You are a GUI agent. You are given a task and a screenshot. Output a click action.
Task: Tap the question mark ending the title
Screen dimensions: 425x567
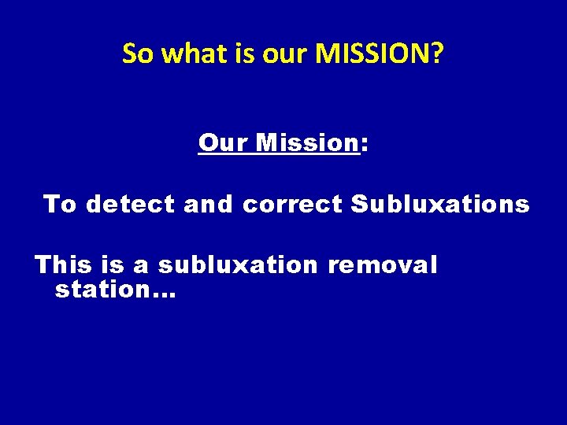point(437,54)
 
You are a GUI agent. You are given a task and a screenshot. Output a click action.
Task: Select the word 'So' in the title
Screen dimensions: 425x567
point(137,54)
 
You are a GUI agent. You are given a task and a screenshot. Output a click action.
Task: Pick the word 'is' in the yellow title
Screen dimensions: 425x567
point(239,54)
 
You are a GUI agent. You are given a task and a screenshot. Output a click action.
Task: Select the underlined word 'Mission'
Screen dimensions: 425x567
point(308,143)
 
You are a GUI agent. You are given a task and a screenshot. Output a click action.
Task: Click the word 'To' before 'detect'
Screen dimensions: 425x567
point(61,205)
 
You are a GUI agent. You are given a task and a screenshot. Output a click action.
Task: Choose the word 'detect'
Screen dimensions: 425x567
point(131,205)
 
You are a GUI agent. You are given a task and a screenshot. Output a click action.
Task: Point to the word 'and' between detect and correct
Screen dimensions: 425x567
point(209,205)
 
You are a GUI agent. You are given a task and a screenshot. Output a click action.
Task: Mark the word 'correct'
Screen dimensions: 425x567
point(293,205)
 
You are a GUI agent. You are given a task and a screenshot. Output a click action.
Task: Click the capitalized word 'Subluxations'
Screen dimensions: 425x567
point(440,205)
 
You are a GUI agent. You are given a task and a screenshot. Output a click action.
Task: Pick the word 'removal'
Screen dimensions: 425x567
point(383,265)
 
